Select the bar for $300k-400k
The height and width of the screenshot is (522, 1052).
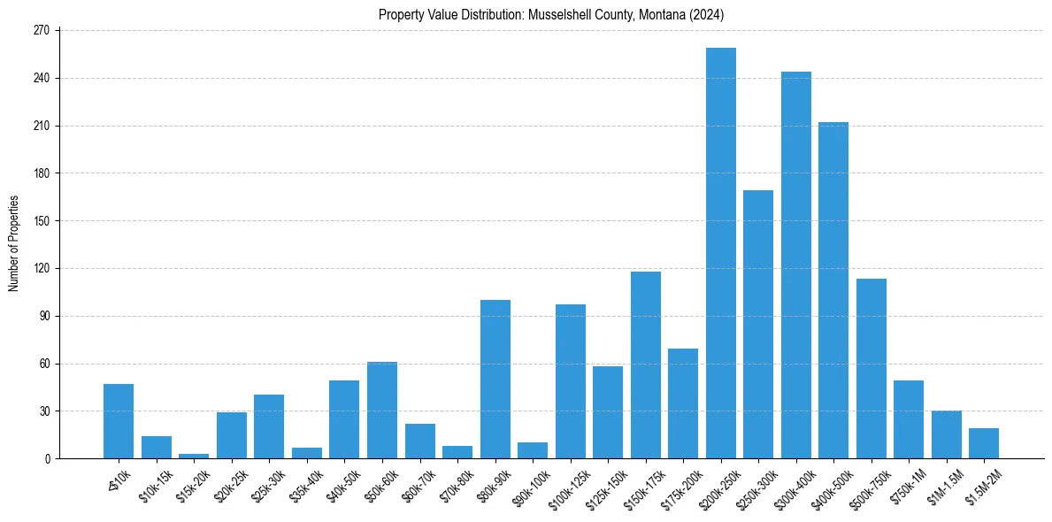[x=796, y=265]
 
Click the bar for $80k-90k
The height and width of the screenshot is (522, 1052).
[x=495, y=380]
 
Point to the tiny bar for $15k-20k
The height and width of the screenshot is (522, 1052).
[x=194, y=456]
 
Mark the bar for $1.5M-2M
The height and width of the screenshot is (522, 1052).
[x=984, y=443]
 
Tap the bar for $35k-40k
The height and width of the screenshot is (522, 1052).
[x=307, y=453]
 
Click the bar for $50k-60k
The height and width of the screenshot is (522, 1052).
[x=382, y=411]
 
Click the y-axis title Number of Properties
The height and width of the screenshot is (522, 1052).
[x=13, y=244]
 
